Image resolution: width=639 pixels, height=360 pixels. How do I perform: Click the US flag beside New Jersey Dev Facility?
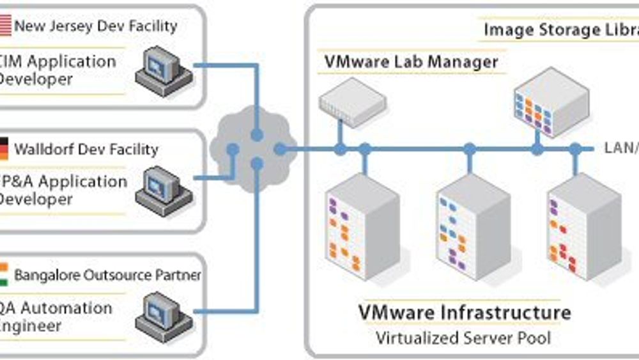coord(5,26)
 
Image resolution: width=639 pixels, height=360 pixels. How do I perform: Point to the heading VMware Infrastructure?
coord(464,313)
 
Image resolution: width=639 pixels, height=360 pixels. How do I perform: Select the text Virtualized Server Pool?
coord(464,337)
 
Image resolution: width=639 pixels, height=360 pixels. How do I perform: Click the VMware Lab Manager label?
coord(412,63)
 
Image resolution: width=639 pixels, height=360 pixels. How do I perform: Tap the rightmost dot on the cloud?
coord(280,149)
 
